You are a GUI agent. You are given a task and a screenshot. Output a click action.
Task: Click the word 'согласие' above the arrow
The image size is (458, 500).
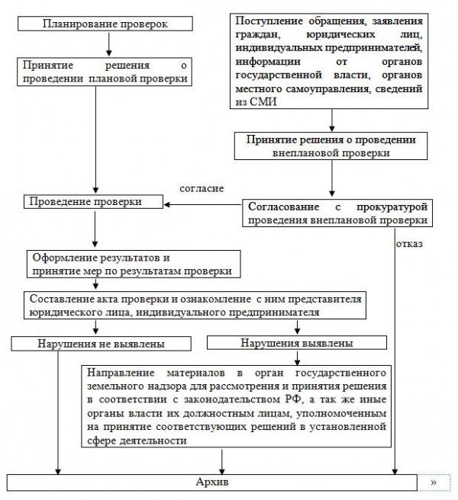[202, 187]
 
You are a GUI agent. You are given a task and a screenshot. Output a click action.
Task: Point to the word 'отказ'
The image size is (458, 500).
[409, 244]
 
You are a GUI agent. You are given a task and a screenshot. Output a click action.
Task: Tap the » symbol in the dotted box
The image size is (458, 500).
[434, 483]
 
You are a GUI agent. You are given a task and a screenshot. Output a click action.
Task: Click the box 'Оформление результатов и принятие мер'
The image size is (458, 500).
[129, 264]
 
